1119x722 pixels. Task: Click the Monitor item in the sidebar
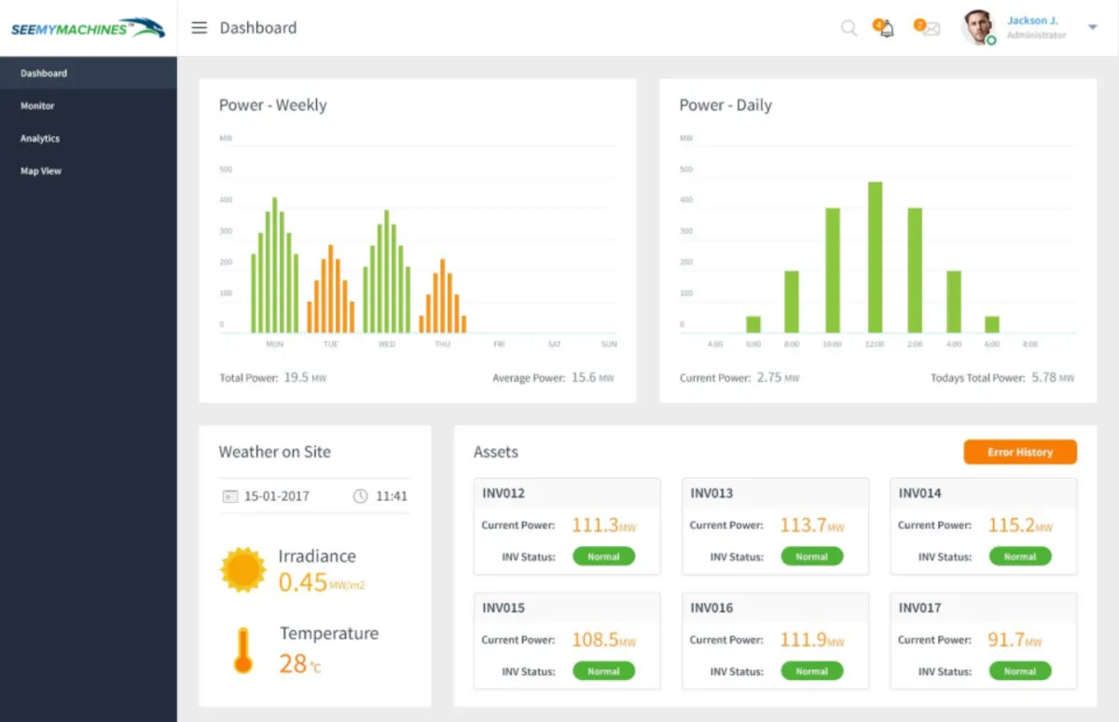pyautogui.click(x=37, y=106)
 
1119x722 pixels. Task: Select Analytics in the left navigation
pyautogui.click(x=40, y=139)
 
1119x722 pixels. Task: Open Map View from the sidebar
pyautogui.click(x=41, y=171)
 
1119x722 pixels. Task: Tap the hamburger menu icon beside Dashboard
pyautogui.click(x=199, y=28)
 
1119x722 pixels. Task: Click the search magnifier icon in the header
pyautogui.click(x=849, y=28)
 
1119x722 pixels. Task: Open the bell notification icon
pyautogui.click(x=886, y=29)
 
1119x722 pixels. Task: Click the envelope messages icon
pyautogui.click(x=930, y=29)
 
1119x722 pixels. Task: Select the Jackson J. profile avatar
pyautogui.click(x=978, y=27)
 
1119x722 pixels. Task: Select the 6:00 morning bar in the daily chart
pyautogui.click(x=753, y=324)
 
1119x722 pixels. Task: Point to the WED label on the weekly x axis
pyautogui.click(x=386, y=345)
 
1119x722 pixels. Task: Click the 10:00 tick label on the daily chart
pyautogui.click(x=832, y=345)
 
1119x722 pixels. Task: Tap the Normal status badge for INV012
pyautogui.click(x=603, y=557)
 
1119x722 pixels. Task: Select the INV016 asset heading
pyautogui.click(x=711, y=608)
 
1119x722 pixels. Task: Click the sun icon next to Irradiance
pyautogui.click(x=242, y=570)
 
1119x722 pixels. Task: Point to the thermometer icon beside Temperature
pyautogui.click(x=242, y=650)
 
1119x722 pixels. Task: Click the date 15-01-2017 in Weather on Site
pyautogui.click(x=276, y=497)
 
